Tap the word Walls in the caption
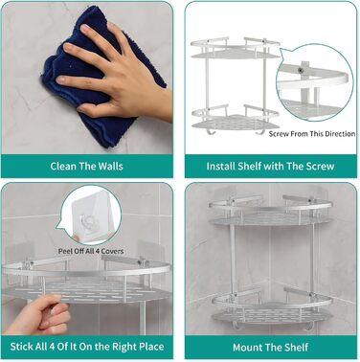point(110,166)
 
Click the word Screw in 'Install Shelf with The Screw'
point(320,166)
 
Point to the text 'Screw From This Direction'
point(312,134)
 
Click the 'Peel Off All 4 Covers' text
point(91,251)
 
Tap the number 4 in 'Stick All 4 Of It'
point(52,347)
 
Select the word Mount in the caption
point(246,347)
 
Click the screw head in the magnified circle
point(300,70)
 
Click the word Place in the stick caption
point(151,347)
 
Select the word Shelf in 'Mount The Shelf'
point(296,347)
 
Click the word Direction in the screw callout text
point(340,134)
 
